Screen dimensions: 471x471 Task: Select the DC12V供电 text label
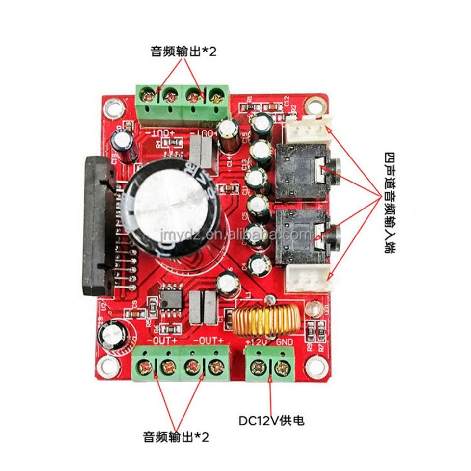(x=275, y=420)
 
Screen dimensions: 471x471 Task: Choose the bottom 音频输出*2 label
(x=176, y=437)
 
